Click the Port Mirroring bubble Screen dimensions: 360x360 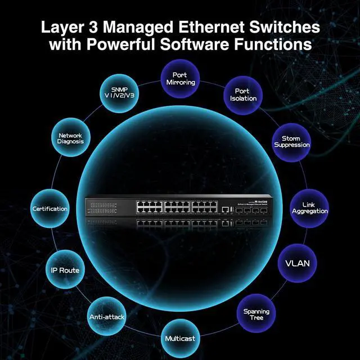pos(181,78)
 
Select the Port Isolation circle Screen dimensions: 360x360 pos(243,94)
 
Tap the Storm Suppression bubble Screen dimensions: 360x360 pos(291,142)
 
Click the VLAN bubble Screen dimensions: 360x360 pos(298,263)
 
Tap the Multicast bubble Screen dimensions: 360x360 pos(181,339)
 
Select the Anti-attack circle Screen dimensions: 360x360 pos(106,316)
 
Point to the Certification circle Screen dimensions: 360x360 pos(50,209)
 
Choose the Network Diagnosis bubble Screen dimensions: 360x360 pos(70,138)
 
